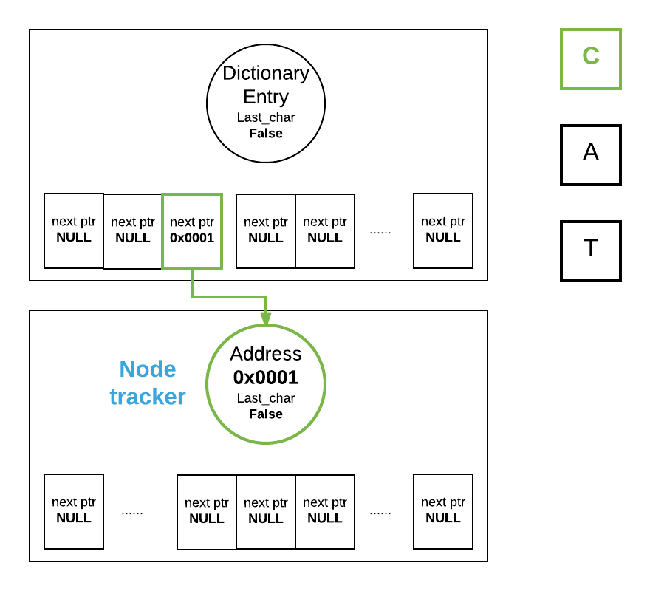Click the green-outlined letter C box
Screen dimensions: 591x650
[590, 58]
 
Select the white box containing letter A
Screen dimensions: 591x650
[590, 154]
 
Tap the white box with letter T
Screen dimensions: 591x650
[590, 250]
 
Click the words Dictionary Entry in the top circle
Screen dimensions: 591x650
[266, 84]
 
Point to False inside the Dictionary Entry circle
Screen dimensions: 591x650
[266, 134]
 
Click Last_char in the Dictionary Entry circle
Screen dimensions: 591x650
[266, 117]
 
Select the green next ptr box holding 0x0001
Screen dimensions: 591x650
[192, 231]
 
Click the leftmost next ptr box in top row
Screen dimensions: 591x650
[74, 230]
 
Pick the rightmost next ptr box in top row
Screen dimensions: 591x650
[443, 230]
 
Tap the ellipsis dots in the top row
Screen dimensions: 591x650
[380, 232]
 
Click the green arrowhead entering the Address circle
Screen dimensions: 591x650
[266, 318]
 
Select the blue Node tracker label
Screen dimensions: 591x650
[148, 383]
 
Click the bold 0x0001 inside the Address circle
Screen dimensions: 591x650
[266, 378]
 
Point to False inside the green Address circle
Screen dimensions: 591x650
[266, 414]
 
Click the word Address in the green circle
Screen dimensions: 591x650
[266, 354]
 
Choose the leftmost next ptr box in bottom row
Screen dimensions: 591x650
[74, 511]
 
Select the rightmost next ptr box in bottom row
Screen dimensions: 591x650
[443, 511]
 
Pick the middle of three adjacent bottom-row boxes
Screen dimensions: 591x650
[266, 511]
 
